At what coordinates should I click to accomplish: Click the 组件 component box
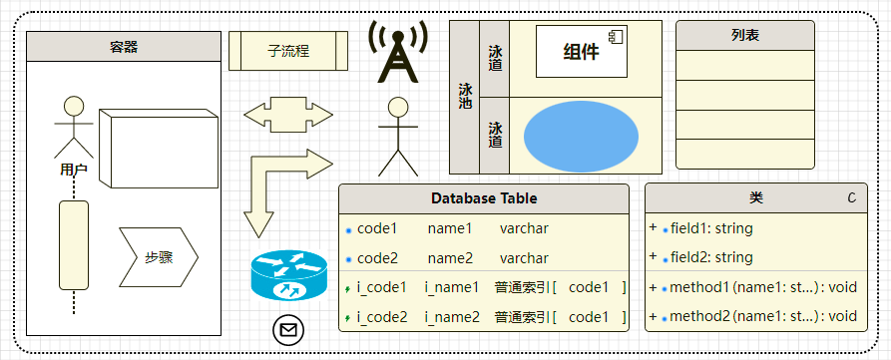click(581, 52)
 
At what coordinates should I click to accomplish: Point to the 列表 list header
click(745, 35)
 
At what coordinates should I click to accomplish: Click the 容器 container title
click(123, 46)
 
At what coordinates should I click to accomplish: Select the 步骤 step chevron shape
click(159, 256)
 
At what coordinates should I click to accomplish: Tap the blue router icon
click(288, 276)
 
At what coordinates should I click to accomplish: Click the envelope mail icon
click(288, 329)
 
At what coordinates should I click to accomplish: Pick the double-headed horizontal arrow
click(288, 113)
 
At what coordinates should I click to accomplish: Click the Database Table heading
click(484, 198)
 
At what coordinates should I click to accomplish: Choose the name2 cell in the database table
click(450, 258)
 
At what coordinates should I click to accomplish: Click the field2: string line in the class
click(711, 257)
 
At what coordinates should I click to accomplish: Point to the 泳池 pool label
click(465, 95)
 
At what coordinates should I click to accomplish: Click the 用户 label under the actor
click(73, 170)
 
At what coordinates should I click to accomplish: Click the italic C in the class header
click(851, 198)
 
